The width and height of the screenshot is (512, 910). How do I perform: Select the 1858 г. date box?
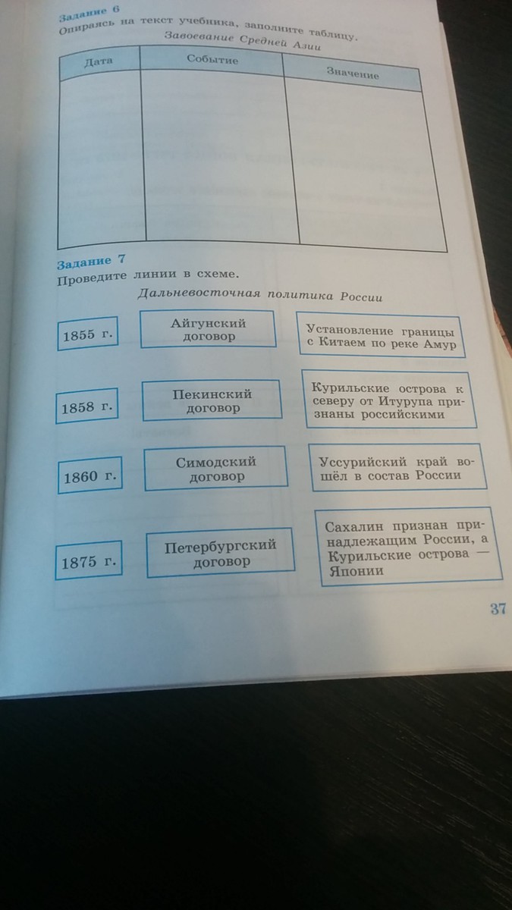pos(90,407)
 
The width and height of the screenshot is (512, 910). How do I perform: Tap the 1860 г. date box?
pos(90,477)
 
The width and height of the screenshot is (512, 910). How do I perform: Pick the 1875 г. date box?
pos(90,562)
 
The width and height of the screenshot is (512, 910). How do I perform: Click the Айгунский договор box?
pos(209,328)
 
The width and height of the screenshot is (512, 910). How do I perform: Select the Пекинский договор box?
pos(212,400)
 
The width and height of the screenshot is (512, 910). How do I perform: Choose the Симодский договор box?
pos(215,469)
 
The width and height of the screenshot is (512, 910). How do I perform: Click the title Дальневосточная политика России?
pos(259,296)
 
